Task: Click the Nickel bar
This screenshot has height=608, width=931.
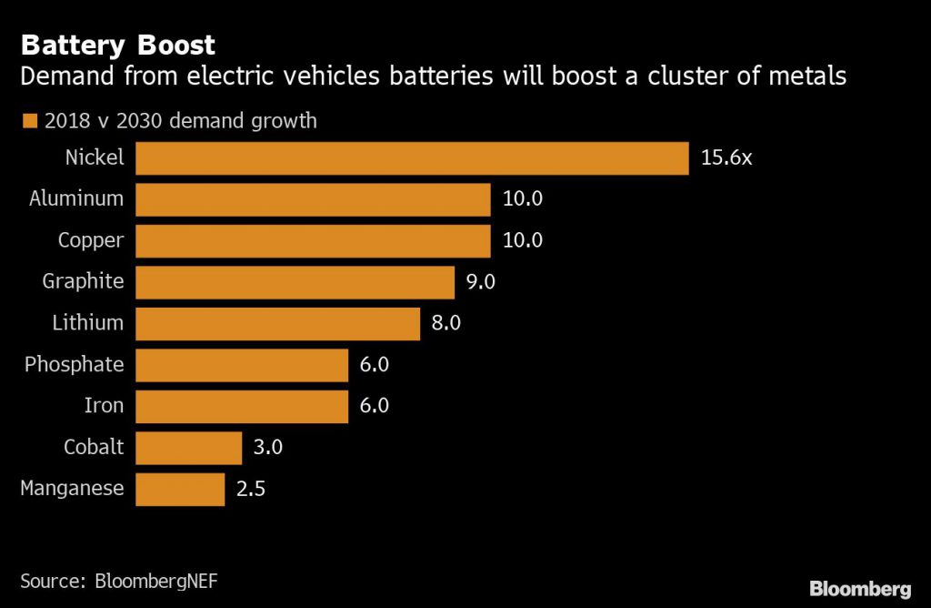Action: click(x=412, y=157)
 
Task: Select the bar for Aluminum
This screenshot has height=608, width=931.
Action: click(x=313, y=198)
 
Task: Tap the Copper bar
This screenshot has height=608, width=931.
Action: click(x=313, y=240)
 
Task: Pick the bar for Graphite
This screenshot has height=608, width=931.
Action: click(x=295, y=282)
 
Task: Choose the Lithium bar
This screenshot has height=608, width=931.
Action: click(x=277, y=323)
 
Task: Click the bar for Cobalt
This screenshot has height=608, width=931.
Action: click(x=188, y=448)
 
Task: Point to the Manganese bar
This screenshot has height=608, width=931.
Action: click(x=179, y=489)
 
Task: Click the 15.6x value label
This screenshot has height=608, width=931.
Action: click(x=726, y=157)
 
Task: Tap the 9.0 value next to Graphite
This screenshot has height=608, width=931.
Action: click(x=480, y=282)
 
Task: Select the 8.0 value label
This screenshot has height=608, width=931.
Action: click(x=445, y=323)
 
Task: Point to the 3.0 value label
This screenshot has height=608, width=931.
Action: click(x=268, y=448)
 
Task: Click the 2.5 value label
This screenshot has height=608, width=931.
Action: click(x=251, y=489)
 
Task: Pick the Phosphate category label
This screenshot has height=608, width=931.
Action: click(x=74, y=364)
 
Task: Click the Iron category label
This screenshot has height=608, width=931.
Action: click(x=104, y=406)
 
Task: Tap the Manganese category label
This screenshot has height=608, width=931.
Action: click(x=72, y=489)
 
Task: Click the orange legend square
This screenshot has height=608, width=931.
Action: click(x=28, y=120)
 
